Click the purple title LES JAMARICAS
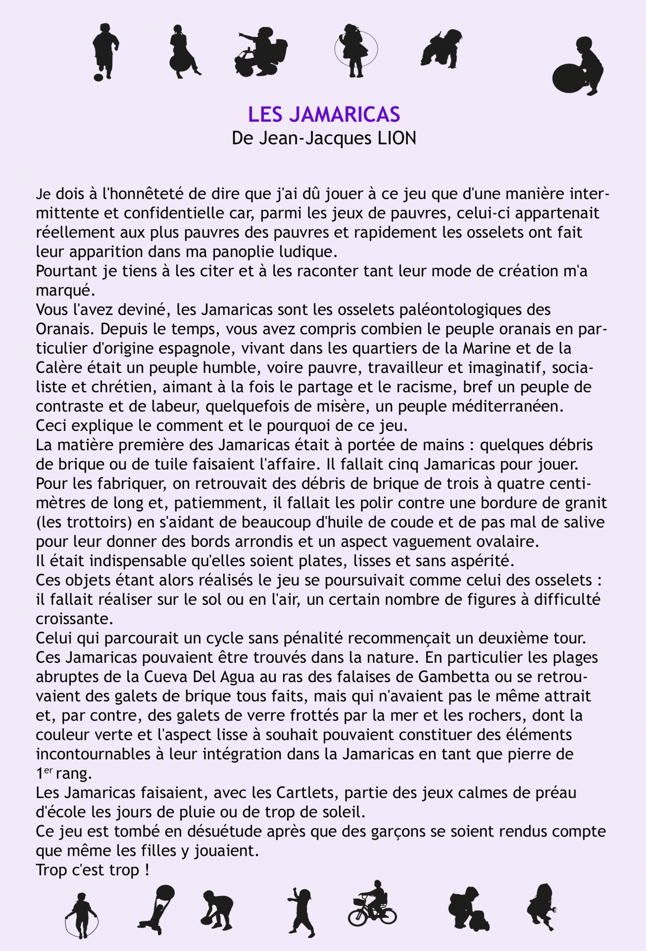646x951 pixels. click(x=324, y=115)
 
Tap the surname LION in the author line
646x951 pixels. click(x=397, y=139)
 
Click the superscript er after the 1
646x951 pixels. click(x=48, y=771)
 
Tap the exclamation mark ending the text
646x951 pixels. click(x=147, y=870)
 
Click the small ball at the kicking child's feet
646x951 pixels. click(x=98, y=77)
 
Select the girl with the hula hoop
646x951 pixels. click(x=355, y=50)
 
